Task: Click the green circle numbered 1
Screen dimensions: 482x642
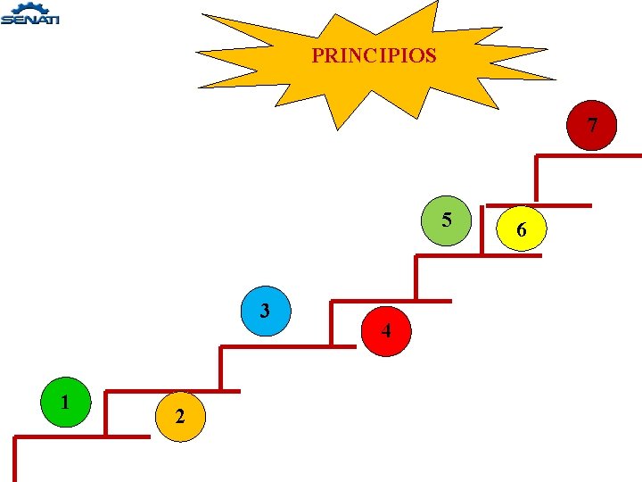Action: (65, 403)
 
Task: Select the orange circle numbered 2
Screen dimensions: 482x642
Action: (180, 416)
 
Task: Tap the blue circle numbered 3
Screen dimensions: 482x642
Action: (266, 311)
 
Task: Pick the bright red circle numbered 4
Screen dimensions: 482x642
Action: (386, 331)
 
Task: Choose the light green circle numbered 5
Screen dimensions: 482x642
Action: (446, 220)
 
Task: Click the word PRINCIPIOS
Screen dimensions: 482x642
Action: (374, 55)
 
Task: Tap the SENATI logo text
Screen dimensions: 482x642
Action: (30, 20)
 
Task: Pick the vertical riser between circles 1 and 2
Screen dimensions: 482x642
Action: (105, 413)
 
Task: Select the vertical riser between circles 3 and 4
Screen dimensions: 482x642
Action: (331, 323)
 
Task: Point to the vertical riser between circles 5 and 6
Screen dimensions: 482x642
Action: (482, 230)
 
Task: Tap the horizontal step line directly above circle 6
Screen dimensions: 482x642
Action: (562, 205)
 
